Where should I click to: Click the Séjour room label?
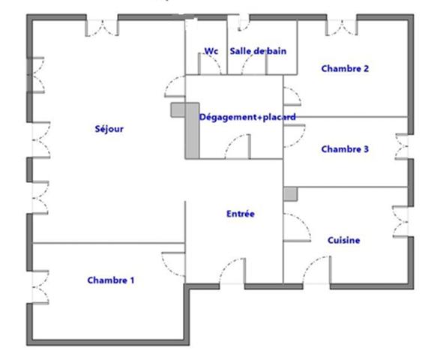pyautogui.click(x=109, y=128)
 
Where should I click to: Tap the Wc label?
pyautogui.click(x=211, y=51)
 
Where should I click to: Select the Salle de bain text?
pyautogui.click(x=259, y=51)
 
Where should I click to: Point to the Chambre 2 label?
pyautogui.click(x=345, y=68)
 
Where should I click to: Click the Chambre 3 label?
pyautogui.click(x=345, y=149)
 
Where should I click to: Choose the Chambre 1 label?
pyautogui.click(x=111, y=280)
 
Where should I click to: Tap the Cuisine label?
pyautogui.click(x=344, y=240)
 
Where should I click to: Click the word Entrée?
pyautogui.click(x=241, y=214)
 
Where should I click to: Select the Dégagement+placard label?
pyautogui.click(x=247, y=117)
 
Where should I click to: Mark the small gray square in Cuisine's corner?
pyautogui.click(x=290, y=193)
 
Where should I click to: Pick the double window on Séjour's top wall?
pyautogui.click(x=101, y=27)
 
